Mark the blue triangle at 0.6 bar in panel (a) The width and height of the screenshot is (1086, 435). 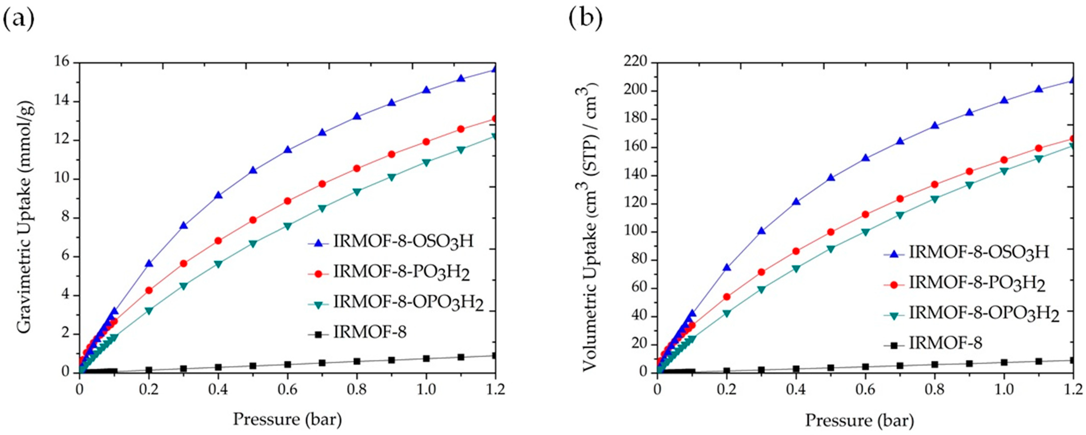(288, 150)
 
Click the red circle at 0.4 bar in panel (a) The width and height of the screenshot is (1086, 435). (218, 241)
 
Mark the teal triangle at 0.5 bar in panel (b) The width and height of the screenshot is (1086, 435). (831, 249)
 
